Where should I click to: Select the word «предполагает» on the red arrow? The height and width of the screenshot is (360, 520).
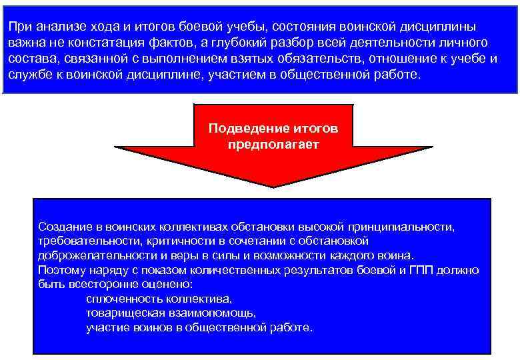pos(273,143)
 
